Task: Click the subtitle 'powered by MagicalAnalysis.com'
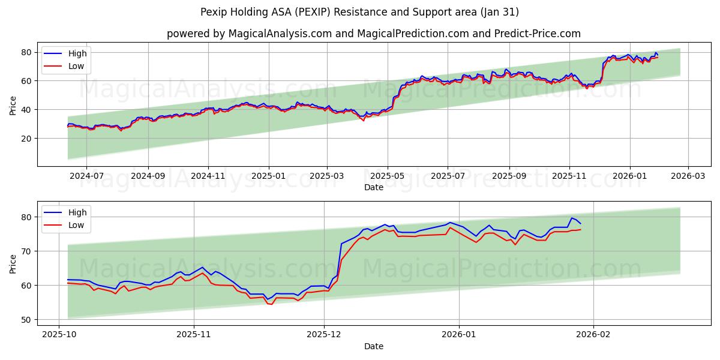click(373, 34)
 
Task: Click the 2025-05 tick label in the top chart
click(387, 176)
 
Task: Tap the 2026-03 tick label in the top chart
click(688, 176)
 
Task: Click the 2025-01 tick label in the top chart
click(268, 176)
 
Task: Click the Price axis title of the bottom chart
click(13, 263)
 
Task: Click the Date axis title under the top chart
click(373, 187)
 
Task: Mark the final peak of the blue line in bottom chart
click(572, 218)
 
